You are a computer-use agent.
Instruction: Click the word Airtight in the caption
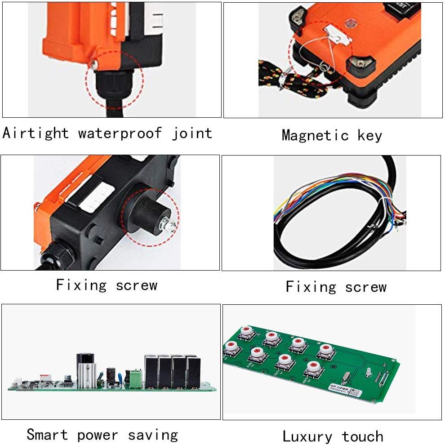[x=36, y=133]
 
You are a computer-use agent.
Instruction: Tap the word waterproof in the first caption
[x=120, y=133]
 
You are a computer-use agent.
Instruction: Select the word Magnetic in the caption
[x=315, y=135]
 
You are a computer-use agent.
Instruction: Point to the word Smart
[x=47, y=435]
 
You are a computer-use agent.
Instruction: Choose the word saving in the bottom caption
[x=153, y=435]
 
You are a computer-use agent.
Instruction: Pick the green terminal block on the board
[x=135, y=378]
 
